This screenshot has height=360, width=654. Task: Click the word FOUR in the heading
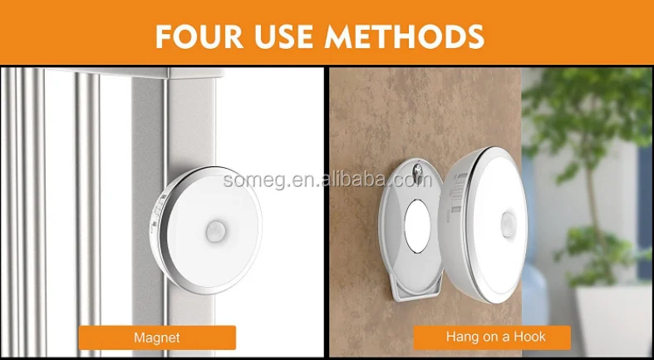tap(199, 37)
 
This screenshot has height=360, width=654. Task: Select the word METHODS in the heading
tap(405, 37)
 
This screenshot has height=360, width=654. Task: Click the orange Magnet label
tap(157, 338)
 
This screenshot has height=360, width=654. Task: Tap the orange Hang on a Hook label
tap(492, 338)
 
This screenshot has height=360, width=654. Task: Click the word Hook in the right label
tap(529, 337)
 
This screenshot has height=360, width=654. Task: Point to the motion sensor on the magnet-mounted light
tap(215, 231)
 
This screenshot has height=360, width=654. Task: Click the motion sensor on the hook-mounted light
tap(508, 224)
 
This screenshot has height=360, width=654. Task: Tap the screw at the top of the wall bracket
tap(416, 170)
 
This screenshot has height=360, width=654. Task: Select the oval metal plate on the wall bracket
tap(417, 225)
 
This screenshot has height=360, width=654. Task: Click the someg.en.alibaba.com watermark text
tap(327, 180)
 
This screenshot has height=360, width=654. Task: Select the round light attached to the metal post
tap(206, 230)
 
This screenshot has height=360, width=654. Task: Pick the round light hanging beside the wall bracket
tap(483, 224)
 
